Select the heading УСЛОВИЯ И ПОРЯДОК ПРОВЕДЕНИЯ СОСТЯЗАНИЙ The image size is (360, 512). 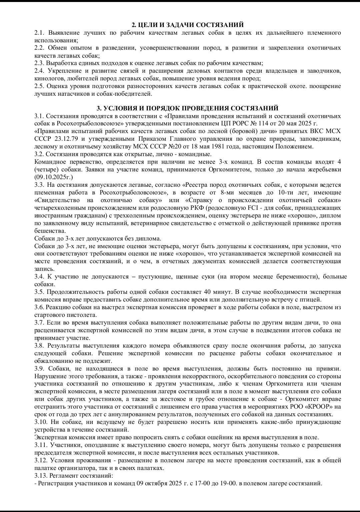[187, 108]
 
